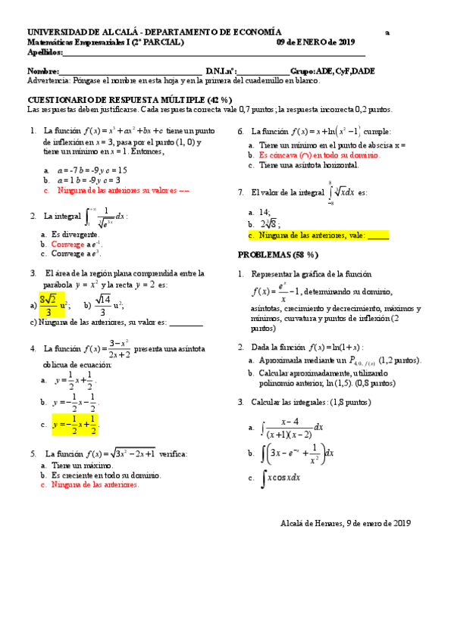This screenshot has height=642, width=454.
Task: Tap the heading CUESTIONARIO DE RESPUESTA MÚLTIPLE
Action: (x=130, y=100)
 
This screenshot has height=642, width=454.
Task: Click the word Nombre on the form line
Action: (x=42, y=70)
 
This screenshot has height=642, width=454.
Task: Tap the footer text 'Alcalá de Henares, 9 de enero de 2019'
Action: (x=345, y=523)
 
